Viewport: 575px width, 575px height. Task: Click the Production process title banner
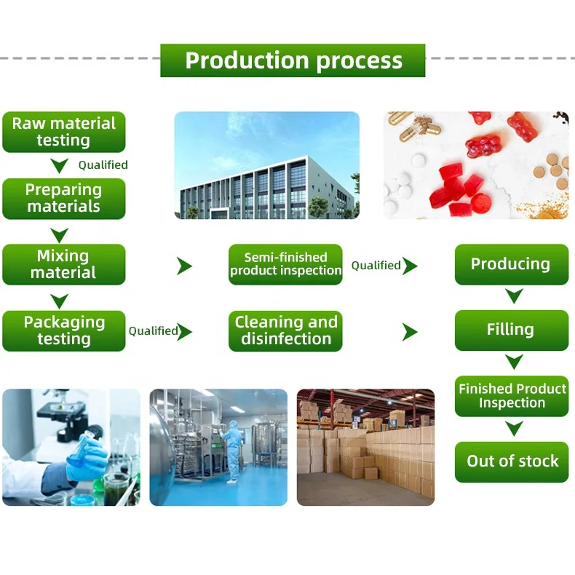[x=293, y=60]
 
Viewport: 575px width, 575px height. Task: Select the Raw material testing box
[x=64, y=132]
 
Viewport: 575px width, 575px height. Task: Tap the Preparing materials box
[x=64, y=199]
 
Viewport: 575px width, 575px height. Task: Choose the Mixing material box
[x=64, y=264]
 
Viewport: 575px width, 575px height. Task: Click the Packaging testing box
[x=64, y=331]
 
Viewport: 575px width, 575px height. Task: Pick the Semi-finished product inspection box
[x=285, y=264]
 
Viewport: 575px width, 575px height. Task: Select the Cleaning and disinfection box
[x=285, y=331]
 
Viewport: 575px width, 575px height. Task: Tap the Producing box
[x=511, y=264]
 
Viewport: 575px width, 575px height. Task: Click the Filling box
[x=511, y=330]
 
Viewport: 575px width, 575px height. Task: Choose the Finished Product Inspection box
[x=511, y=396]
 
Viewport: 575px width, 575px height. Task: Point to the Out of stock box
[x=511, y=461]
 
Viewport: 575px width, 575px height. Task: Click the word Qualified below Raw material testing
[x=103, y=165]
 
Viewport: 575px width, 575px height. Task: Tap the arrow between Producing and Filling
[x=515, y=296]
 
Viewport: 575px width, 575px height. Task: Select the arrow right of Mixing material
[x=184, y=266]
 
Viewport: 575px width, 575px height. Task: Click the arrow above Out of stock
[x=515, y=429]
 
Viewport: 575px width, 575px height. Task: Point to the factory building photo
[x=266, y=165]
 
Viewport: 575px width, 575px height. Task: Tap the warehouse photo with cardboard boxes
[x=365, y=447]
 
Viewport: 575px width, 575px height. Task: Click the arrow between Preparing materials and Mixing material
[x=59, y=234]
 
